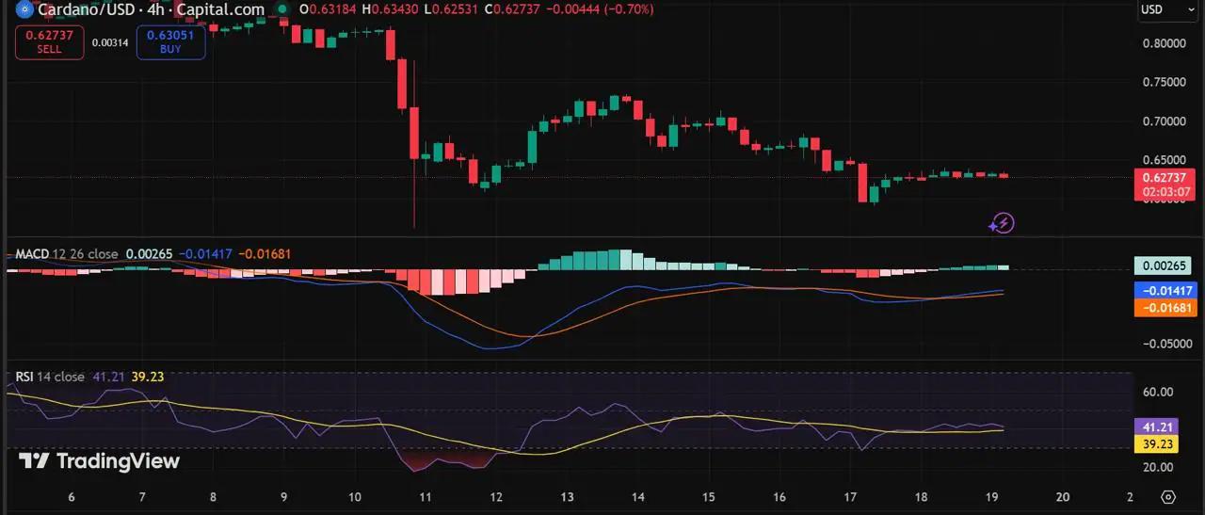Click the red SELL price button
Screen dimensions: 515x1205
point(50,42)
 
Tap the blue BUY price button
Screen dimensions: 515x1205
point(170,42)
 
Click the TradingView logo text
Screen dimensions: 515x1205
point(100,461)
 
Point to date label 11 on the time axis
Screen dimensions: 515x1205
point(425,497)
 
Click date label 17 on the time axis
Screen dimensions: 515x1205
point(850,497)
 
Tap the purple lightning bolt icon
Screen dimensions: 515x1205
point(1002,223)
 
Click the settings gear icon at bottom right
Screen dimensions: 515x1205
point(1168,497)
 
